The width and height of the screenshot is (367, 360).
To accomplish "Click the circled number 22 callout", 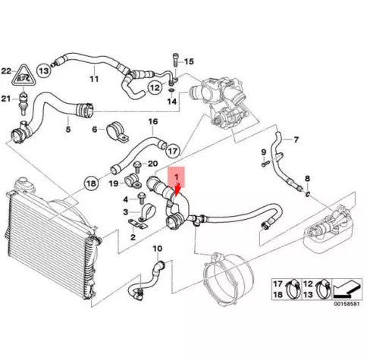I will [x=7, y=70].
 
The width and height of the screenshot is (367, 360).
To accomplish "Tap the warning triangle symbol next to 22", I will [x=27, y=73].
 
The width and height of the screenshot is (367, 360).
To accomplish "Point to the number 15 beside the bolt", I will [x=189, y=61].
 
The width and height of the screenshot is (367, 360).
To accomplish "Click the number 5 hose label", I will [x=67, y=130].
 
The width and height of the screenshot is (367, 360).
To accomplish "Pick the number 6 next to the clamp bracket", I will [x=94, y=129].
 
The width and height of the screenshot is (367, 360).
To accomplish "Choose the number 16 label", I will [x=152, y=121].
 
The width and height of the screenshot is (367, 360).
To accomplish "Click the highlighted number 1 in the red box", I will [x=177, y=177].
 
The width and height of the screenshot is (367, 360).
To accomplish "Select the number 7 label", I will [x=296, y=139].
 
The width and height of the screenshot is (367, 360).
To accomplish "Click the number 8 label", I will [x=307, y=179].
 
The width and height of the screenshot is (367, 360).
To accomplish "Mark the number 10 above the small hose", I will [x=158, y=249].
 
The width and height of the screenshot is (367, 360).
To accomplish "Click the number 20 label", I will [x=151, y=164].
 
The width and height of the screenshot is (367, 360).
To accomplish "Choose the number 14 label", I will [x=172, y=101].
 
